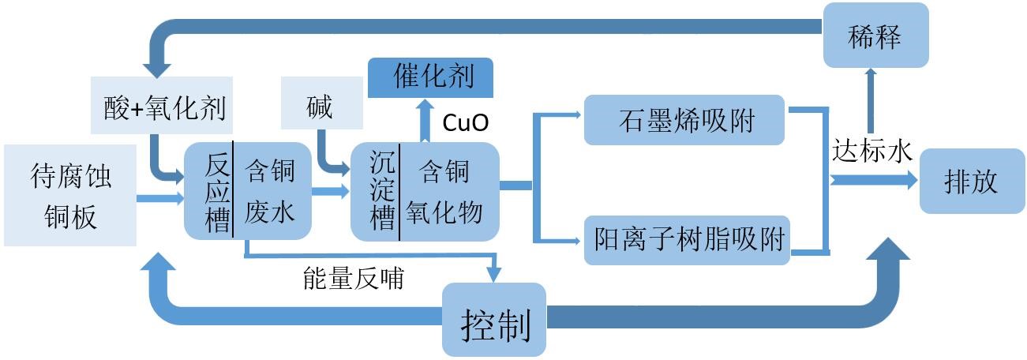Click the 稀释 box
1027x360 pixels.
coord(875,36)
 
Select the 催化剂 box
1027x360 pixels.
coord(431,77)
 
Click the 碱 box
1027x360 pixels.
coord(321,107)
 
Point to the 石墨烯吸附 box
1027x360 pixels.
coord(684,120)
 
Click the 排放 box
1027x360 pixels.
coord(971,181)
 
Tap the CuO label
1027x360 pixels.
coord(465,122)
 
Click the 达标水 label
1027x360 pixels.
coord(871,151)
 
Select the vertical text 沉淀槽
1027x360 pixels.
coord(383,192)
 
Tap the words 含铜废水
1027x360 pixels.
coord(268,192)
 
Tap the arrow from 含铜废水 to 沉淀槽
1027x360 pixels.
coord(330,191)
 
